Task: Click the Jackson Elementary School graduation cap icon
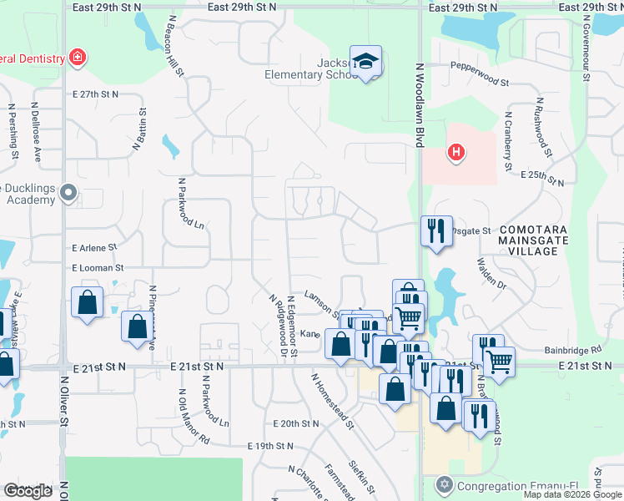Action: [x=365, y=61]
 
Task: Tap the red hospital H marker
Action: [x=455, y=152]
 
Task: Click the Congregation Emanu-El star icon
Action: [x=444, y=484]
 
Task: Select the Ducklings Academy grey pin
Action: [x=70, y=194]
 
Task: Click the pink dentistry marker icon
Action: [x=78, y=58]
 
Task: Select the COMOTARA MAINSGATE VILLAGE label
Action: [x=528, y=240]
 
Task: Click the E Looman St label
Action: [x=98, y=268]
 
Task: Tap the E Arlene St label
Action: [x=96, y=248]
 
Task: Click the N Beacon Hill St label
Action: [x=174, y=47]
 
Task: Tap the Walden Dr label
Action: [x=491, y=273]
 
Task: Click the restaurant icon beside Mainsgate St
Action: [x=436, y=230]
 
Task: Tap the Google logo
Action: [x=28, y=491]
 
